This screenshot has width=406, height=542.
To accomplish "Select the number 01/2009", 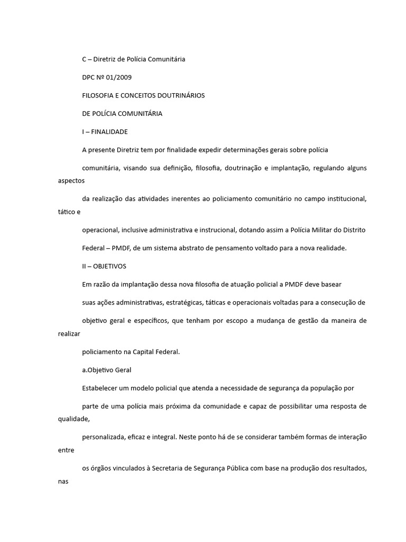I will pos(120,77).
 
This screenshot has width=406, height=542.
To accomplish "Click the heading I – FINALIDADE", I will pos(105,131).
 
